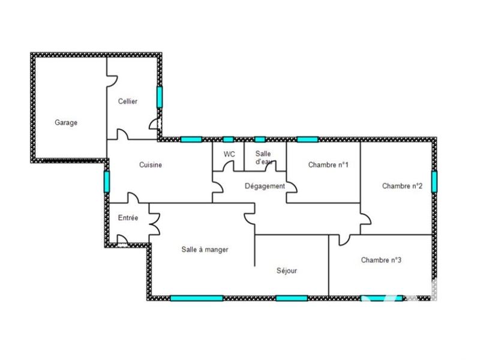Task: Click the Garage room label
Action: click(66, 122)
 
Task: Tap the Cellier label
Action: click(127, 101)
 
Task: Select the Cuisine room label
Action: click(151, 165)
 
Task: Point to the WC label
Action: click(229, 154)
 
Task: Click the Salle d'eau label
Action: click(263, 158)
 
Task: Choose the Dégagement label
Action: click(265, 186)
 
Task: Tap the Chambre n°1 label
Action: click(328, 165)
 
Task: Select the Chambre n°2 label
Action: click(402, 186)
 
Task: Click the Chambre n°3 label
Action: click(381, 260)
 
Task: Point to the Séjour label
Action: click(287, 271)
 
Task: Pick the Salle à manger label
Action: click(205, 250)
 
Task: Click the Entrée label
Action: click(128, 218)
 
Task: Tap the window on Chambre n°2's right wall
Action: click(434, 182)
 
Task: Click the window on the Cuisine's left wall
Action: click(107, 181)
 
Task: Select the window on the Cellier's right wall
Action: click(160, 97)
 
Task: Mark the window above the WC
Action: click(228, 139)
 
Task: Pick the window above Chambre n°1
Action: click(307, 139)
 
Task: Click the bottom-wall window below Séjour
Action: click(292, 298)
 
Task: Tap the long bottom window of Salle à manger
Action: click(197, 298)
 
